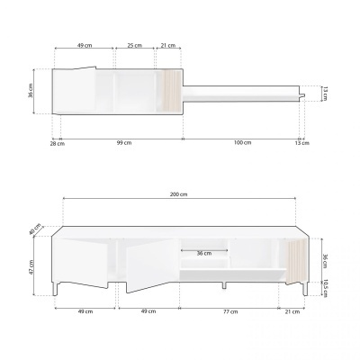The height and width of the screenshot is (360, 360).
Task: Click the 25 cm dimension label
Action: pyautogui.click(x=133, y=45)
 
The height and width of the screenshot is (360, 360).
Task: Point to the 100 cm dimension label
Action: pyautogui.click(x=241, y=144)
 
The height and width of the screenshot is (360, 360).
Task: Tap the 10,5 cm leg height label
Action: pyautogui.click(x=324, y=287)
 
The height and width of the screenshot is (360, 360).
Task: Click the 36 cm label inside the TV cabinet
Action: pyautogui.click(x=204, y=253)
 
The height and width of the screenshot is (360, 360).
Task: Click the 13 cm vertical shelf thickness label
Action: pyautogui.click(x=324, y=94)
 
